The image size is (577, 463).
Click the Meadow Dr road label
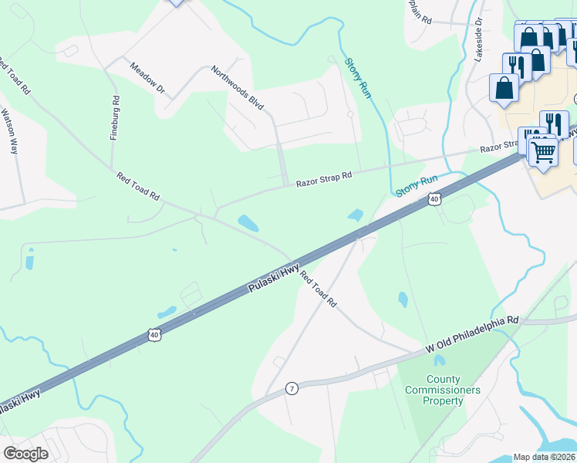(x=148, y=79)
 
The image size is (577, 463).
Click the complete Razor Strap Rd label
(x=323, y=177)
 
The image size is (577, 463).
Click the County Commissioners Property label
(x=444, y=390)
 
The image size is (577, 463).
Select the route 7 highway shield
(x=292, y=387)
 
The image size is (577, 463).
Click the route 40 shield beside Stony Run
(x=434, y=200)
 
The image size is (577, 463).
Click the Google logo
(x=25, y=454)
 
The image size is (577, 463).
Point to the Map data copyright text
(x=544, y=457)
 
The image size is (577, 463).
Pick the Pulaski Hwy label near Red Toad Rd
(x=273, y=278)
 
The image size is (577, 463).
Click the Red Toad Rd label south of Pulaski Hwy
(x=319, y=289)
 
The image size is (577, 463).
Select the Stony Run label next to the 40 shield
(x=417, y=185)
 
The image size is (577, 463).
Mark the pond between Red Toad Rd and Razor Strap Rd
(x=248, y=223)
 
